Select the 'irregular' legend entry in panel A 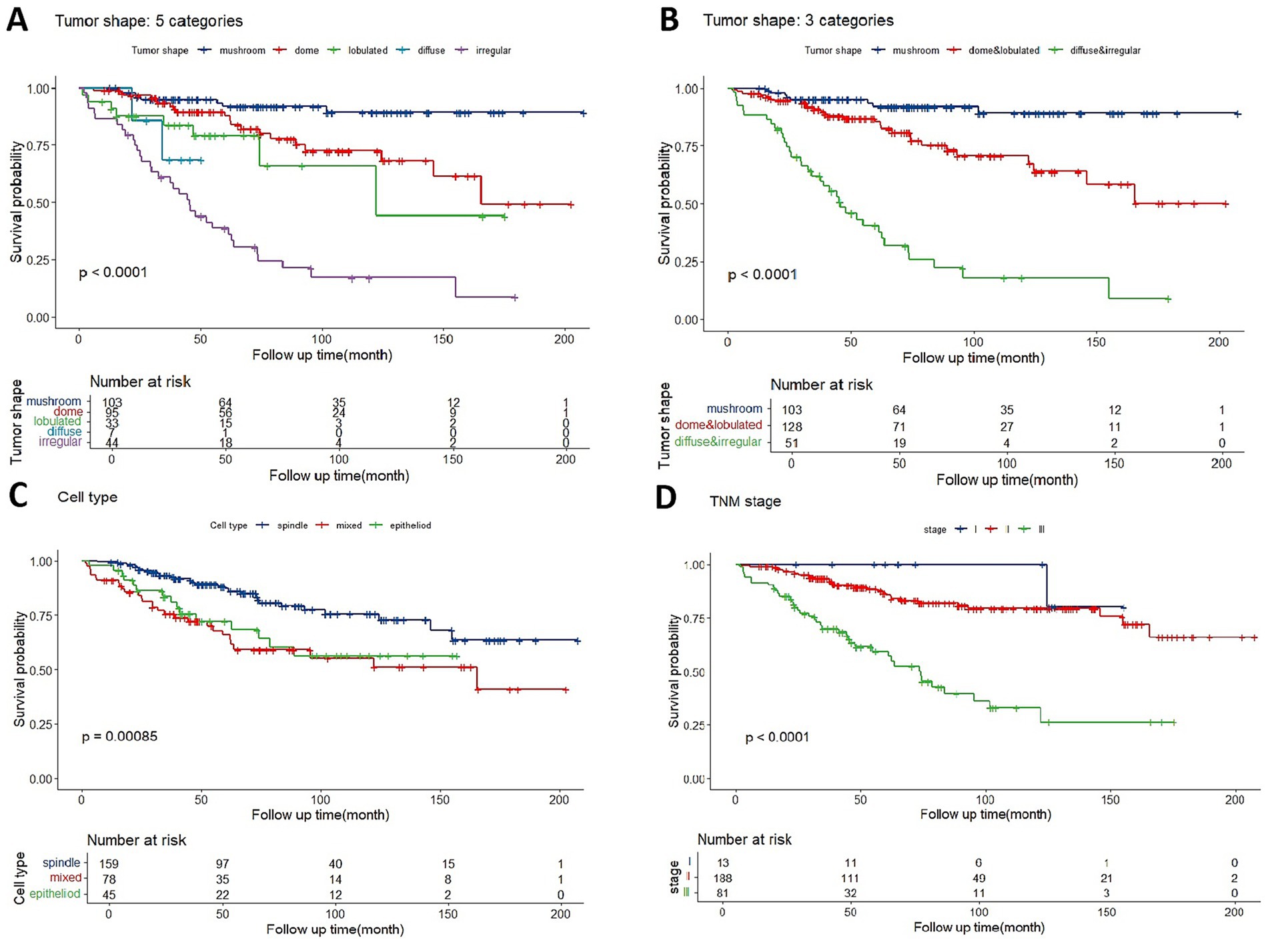[493, 51]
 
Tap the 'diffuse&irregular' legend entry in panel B [1105, 51]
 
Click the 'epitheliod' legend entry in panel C [410, 525]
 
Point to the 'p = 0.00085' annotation [119, 737]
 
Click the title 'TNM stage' [745, 501]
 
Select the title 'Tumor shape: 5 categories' [149, 21]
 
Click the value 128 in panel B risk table [792, 427]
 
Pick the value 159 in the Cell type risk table [109, 864]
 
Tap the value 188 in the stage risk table [722, 879]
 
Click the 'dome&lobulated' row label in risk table [718, 425]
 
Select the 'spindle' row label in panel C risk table [61, 863]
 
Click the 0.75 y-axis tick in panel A [37, 145]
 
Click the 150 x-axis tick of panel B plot [1096, 342]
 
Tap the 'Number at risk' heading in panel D [744, 839]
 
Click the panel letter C [18, 496]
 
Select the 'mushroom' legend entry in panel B [915, 51]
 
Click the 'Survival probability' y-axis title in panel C [19, 669]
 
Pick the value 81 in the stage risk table [722, 893]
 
